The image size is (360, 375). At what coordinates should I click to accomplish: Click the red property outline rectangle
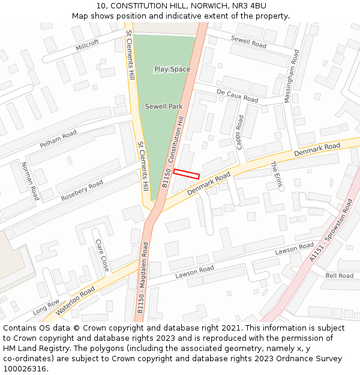point(186,174)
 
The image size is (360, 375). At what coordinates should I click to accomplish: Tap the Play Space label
point(172,70)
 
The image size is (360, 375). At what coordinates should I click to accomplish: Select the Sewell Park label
point(164,107)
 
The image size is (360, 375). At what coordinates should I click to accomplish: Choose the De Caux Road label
point(238,96)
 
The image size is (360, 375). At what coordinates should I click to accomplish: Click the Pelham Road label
point(59,139)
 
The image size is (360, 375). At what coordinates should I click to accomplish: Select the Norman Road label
point(29,181)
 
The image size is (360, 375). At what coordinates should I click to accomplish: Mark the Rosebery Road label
point(82,190)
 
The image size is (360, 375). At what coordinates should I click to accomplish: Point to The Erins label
point(276,175)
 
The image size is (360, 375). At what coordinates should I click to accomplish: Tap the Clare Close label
point(101,255)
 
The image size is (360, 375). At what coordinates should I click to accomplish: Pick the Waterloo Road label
point(75,301)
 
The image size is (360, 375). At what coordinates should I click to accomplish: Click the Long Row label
point(46,307)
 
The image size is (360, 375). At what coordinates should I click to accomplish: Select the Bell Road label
point(340,276)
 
